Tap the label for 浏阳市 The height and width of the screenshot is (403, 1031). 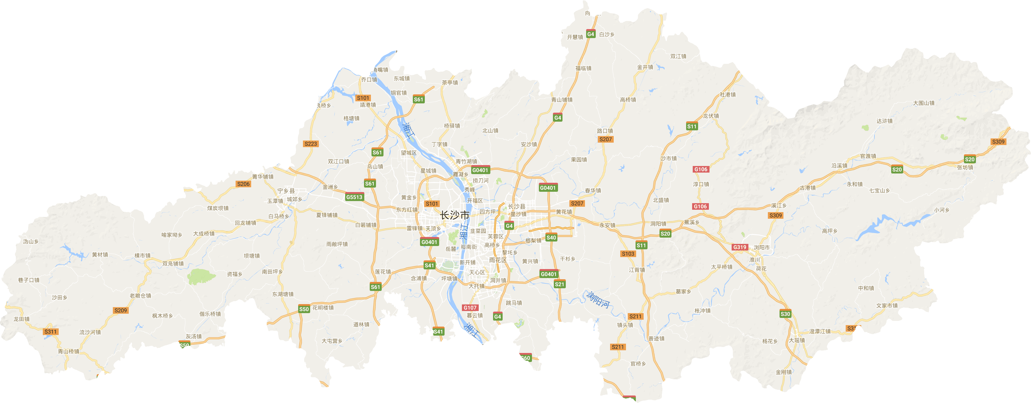[761, 247]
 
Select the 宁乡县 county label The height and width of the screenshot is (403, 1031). [286, 191]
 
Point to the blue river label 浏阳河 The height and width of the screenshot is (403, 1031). [598, 300]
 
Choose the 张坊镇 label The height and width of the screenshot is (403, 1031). [965, 168]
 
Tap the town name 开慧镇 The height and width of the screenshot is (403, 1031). [575, 37]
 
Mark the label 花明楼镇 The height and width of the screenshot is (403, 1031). [323, 308]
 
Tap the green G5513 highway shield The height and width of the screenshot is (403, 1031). [354, 197]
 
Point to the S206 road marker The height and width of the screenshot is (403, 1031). [243, 184]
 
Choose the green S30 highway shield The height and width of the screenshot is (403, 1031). [785, 314]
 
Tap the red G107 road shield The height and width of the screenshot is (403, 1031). [470, 308]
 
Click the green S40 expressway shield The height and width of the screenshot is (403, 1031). [551, 238]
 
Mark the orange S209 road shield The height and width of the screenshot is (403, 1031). [120, 310]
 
